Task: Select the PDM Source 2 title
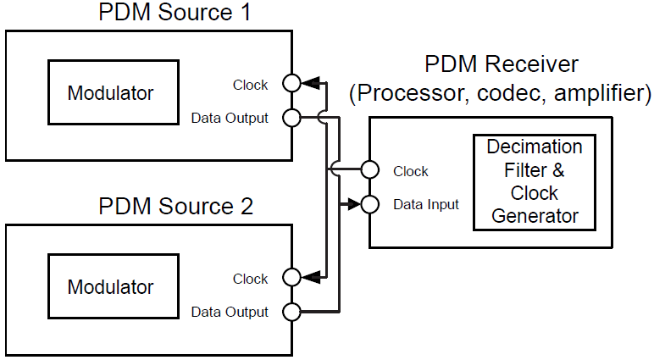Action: point(175,206)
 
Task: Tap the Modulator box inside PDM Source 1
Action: point(113,92)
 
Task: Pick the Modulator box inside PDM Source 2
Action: point(113,285)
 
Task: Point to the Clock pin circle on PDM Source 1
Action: point(291,83)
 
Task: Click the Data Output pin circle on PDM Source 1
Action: point(291,118)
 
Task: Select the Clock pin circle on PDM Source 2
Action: point(291,277)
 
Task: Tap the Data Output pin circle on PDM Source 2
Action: point(291,312)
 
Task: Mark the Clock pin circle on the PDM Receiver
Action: point(369,169)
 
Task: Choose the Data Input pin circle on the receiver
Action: point(369,204)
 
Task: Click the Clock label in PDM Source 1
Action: point(250,85)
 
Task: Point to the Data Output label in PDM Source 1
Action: point(230,119)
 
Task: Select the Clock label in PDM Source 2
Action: point(250,279)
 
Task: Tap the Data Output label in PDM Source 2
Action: point(230,313)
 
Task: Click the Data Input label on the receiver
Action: point(426,205)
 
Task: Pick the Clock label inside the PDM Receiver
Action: point(411,171)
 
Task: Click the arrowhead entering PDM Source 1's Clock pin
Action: point(311,83)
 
